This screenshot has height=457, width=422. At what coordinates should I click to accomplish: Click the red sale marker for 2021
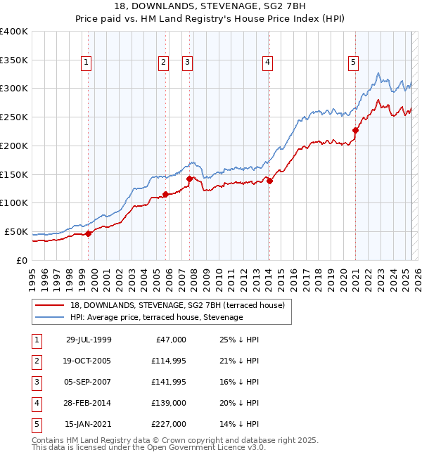coord(356,130)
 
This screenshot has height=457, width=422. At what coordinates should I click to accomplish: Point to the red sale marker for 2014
coord(270,181)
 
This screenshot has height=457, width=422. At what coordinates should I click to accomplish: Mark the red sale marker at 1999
coord(89,233)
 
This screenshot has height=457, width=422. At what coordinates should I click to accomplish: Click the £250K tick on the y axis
coord(13,117)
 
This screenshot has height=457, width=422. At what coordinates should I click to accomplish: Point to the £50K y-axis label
coord(16,231)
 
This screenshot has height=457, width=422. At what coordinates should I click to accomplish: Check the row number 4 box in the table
coord(35,403)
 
